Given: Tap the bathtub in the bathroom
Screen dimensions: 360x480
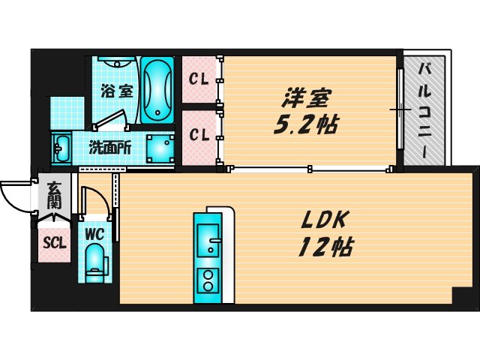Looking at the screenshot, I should tap(157, 90).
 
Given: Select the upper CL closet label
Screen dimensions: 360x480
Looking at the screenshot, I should tap(199, 78).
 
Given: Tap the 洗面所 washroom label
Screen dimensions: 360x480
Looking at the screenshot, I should tap(111, 147).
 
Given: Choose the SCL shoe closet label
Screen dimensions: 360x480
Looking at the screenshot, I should tap(54, 243).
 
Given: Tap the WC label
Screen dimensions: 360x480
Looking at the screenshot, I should tap(94, 234).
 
